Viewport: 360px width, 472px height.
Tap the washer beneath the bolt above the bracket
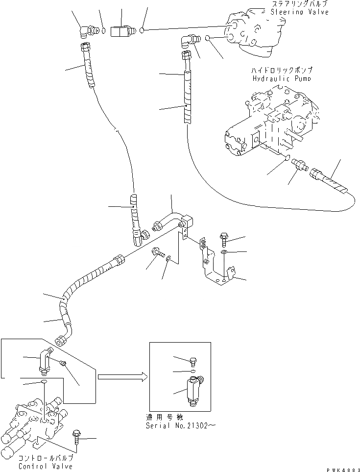[x=223, y=252]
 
